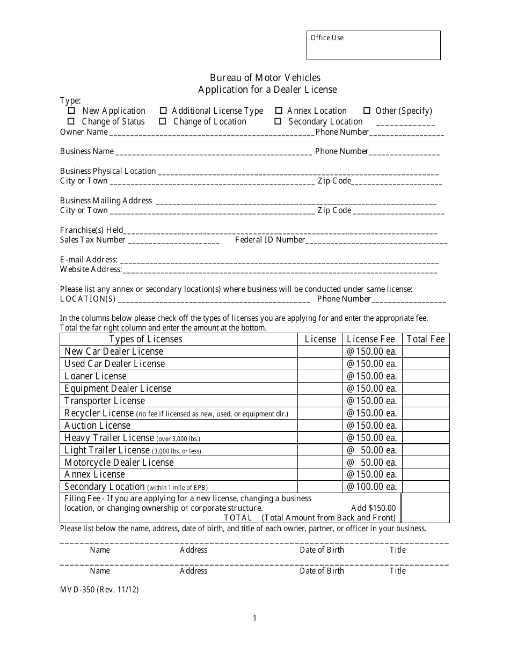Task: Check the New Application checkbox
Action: (x=71, y=111)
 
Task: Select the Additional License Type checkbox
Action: (x=163, y=111)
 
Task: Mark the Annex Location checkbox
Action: (x=278, y=111)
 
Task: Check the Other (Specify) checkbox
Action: (x=367, y=111)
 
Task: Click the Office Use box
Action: (x=373, y=45)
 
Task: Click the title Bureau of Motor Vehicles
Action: (x=265, y=78)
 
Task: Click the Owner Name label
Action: (x=84, y=132)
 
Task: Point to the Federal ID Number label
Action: (x=270, y=240)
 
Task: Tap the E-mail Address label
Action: (x=89, y=260)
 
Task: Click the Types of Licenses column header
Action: (x=146, y=339)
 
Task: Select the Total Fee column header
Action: (x=426, y=339)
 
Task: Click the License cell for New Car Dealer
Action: (x=320, y=351)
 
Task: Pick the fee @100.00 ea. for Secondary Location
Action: (x=371, y=487)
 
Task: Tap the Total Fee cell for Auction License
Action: (x=426, y=426)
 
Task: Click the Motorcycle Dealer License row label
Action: (x=119, y=463)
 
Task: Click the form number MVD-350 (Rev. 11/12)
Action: (x=99, y=589)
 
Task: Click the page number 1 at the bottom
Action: (x=254, y=618)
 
